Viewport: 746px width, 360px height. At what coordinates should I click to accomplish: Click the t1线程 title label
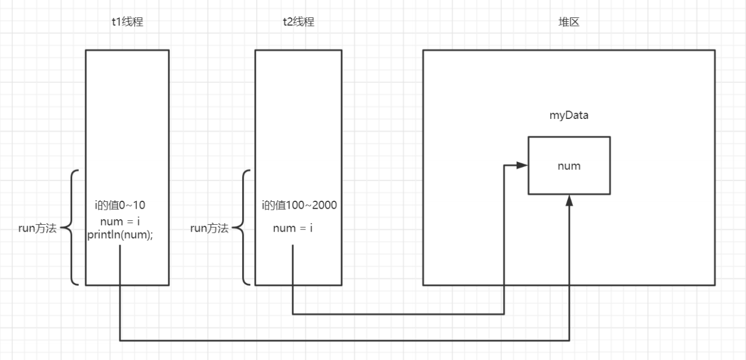click(x=127, y=22)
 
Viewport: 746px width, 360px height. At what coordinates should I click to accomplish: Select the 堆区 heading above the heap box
click(x=568, y=22)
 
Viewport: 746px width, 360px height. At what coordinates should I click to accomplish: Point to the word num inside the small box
click(x=569, y=166)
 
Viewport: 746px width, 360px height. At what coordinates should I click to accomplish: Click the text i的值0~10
click(x=120, y=205)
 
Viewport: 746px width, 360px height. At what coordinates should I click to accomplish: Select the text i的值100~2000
click(x=299, y=205)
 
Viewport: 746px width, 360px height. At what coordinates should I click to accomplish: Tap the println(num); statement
click(x=120, y=235)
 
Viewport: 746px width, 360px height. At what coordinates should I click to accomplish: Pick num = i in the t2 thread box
click(x=293, y=228)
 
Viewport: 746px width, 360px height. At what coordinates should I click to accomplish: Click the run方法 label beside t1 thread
click(x=38, y=228)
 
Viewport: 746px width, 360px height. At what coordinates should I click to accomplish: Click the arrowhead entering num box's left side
click(x=522, y=165)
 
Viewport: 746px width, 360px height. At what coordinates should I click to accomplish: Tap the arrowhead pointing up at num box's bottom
click(x=569, y=201)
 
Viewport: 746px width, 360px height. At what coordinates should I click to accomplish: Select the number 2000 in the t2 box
click(x=325, y=205)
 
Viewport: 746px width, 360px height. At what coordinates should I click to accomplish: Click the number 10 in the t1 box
click(x=139, y=205)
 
